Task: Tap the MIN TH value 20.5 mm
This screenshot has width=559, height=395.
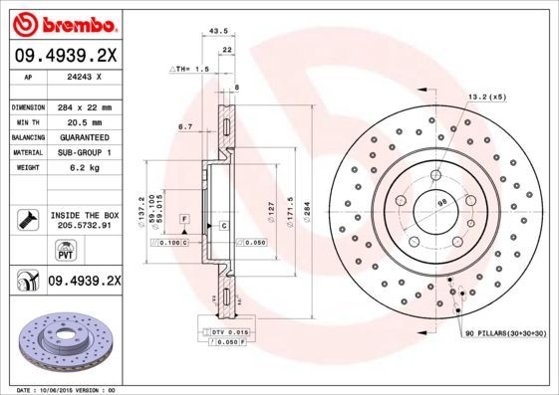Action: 82,121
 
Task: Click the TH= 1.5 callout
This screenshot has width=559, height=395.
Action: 190,70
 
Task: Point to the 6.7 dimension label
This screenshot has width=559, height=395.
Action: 184,126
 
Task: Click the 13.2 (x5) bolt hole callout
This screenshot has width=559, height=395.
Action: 486,98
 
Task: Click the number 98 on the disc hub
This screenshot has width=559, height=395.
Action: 442,203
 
